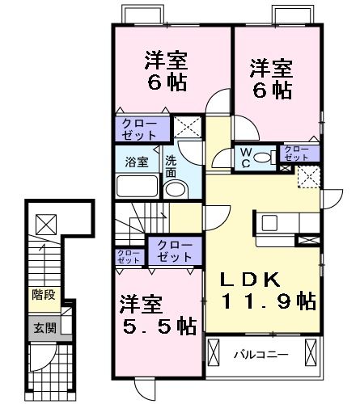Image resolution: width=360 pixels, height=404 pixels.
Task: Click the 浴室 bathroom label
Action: click(x=136, y=162)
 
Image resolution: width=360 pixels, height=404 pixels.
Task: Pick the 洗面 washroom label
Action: click(x=171, y=166)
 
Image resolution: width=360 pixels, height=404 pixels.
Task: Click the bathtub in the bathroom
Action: click(x=138, y=186)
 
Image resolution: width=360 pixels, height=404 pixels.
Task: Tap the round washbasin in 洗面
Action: click(x=174, y=191)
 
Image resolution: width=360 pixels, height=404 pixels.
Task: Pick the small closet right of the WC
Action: click(x=295, y=154)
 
